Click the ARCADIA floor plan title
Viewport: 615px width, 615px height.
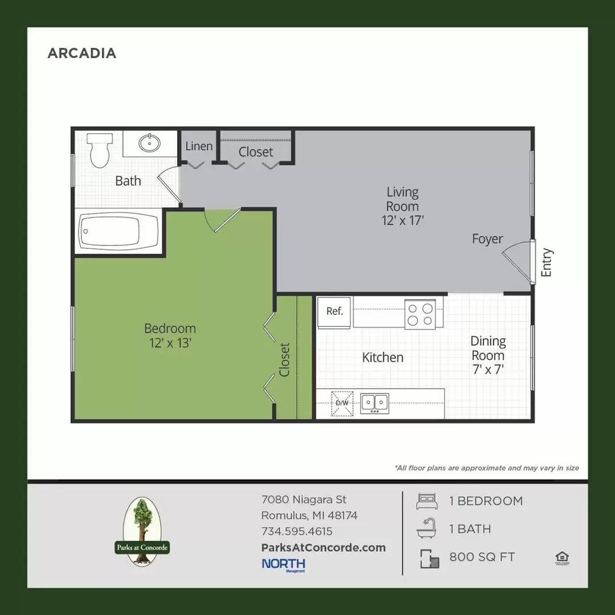click(x=81, y=53)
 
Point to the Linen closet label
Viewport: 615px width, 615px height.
click(x=199, y=146)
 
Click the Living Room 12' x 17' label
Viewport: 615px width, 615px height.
click(x=403, y=206)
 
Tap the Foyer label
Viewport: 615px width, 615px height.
click(x=487, y=239)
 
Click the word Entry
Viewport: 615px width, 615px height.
click(x=547, y=263)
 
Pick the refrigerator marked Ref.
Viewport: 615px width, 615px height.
click(x=334, y=312)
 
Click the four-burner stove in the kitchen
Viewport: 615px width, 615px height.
click(x=420, y=314)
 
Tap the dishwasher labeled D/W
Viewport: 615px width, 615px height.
click(x=342, y=404)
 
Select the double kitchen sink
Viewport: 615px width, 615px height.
click(x=374, y=403)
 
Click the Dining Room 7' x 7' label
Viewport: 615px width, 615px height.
click(x=487, y=355)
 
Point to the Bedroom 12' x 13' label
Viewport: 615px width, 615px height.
click(x=170, y=335)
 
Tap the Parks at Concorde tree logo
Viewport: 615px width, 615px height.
click(x=140, y=531)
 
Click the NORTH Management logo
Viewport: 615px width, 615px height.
click(x=284, y=564)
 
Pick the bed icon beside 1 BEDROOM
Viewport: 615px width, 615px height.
click(x=428, y=501)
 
